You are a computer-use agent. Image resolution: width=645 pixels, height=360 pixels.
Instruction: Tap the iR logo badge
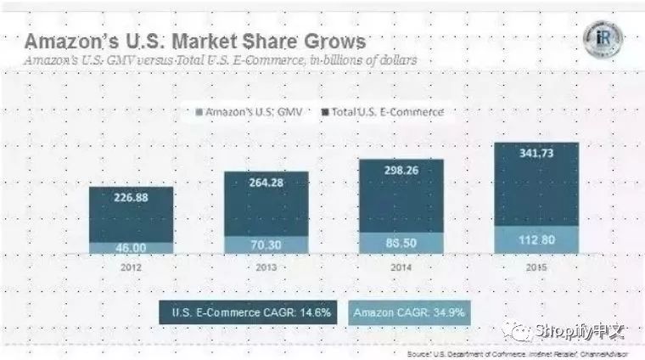tap(603, 40)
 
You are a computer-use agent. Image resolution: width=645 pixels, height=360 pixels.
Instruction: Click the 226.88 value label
tap(132, 200)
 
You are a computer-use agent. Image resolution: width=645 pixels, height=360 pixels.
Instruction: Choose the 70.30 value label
tap(266, 244)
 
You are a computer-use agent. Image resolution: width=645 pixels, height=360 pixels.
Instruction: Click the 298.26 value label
tap(401, 172)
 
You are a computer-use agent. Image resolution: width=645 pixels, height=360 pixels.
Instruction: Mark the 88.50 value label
tap(401, 242)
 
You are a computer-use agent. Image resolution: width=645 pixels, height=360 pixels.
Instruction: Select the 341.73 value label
tap(536, 152)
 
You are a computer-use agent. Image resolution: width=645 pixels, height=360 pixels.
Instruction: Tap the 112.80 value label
tap(536, 239)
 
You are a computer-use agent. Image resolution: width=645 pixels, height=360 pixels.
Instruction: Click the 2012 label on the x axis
tap(132, 265)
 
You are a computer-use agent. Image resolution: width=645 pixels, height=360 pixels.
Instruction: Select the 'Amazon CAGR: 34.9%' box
tap(408, 312)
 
